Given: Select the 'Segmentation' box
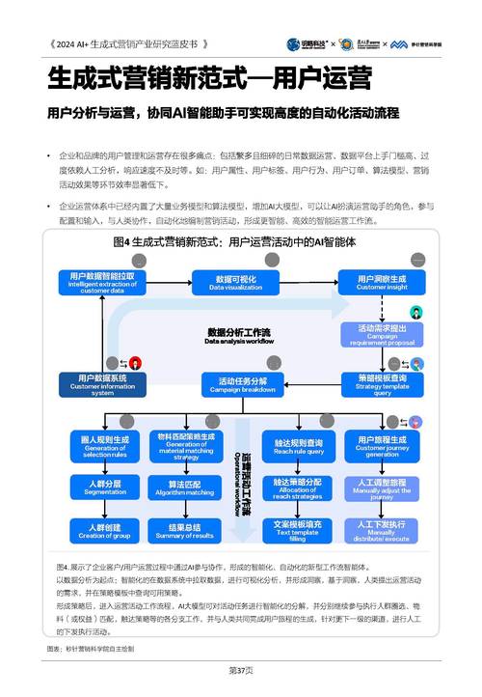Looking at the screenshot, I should [104, 488].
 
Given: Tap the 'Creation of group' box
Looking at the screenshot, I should [104, 531].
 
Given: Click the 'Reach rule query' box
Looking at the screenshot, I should [297, 445].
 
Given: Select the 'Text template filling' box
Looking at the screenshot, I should [297, 531].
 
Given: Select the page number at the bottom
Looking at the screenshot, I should [241, 669].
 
